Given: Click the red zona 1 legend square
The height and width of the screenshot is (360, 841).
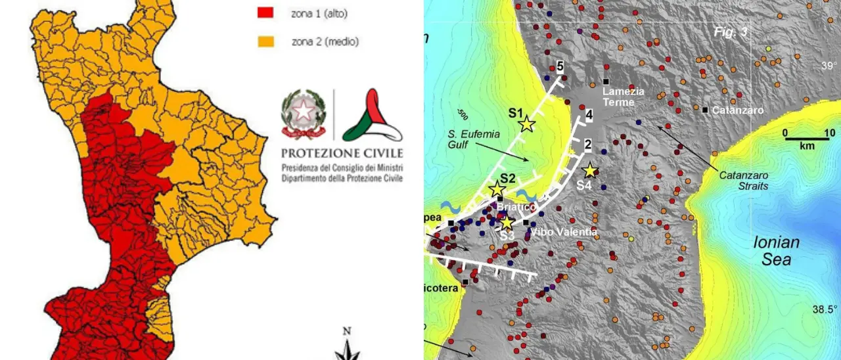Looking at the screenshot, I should click(264, 12).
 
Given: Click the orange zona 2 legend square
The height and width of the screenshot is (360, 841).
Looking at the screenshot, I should click(264, 42).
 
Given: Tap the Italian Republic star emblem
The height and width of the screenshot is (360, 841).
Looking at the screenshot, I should click(303, 113).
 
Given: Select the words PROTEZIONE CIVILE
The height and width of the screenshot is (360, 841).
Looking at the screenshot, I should click(342, 153).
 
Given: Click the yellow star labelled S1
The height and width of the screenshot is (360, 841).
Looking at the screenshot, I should click(526, 124).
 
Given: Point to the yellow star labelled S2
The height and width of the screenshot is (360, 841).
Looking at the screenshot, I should click(497, 190).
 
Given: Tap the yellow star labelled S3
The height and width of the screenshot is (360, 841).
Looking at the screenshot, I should click(506, 223).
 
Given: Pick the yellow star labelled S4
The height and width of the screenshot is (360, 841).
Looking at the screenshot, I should click(590, 171).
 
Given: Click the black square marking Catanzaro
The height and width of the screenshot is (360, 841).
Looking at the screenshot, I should click(705, 110).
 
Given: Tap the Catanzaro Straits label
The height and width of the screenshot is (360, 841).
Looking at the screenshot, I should click(744, 181).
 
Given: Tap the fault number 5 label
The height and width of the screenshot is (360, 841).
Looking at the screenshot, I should click(560, 66).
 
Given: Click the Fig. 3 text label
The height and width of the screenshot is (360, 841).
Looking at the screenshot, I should click(731, 32).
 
